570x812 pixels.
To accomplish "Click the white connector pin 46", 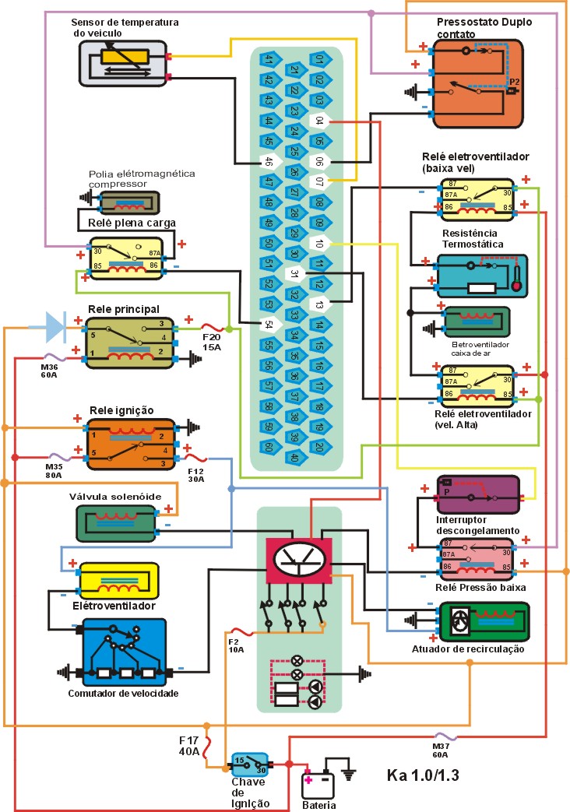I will (x=269, y=162).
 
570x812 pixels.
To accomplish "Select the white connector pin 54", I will (x=269, y=324).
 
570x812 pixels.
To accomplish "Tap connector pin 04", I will (x=319, y=121).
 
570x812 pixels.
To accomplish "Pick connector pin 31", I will (x=294, y=274).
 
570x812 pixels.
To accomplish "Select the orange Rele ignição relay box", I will (x=131, y=445).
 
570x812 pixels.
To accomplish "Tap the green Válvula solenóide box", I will (x=118, y=522).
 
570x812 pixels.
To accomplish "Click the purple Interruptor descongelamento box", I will (x=477, y=494).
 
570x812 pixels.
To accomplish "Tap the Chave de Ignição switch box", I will (x=249, y=762).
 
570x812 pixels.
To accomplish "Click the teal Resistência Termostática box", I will (x=481, y=276).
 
